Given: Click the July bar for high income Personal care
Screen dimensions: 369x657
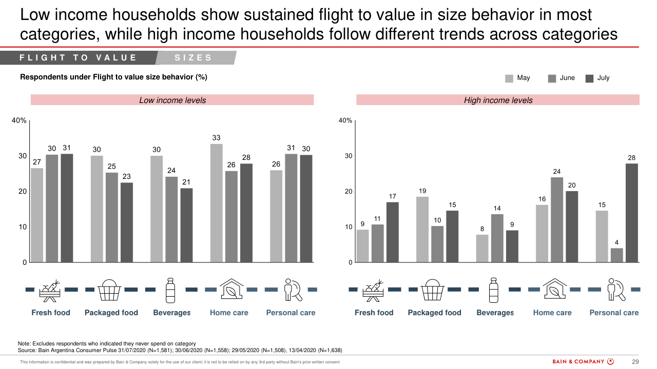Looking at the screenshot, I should (x=631, y=213).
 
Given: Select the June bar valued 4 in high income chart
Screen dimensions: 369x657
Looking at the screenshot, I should (x=616, y=255).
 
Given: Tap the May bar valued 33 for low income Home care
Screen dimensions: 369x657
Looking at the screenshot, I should (x=217, y=203).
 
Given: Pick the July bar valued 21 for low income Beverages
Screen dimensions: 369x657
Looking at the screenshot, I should (x=186, y=225).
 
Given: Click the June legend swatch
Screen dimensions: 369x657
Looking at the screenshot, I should (x=552, y=78).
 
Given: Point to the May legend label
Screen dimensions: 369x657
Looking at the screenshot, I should (x=524, y=78).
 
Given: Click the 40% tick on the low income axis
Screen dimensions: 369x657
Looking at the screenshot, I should (x=19, y=120).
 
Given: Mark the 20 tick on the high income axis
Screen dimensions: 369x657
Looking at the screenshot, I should (x=348, y=191).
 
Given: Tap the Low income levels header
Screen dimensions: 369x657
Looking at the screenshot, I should (x=172, y=100).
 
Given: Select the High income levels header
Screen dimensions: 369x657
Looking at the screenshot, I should (x=498, y=100).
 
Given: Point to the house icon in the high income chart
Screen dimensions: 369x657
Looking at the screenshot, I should (x=553, y=290).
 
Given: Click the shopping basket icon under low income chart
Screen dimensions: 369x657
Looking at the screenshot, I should (x=109, y=290).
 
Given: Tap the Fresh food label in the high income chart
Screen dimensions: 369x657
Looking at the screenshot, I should (x=374, y=313).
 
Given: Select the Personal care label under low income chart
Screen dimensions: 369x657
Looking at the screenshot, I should (x=291, y=313).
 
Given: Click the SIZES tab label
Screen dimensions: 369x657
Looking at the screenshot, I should (x=193, y=58).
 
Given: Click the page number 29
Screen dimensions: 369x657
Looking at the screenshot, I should (x=635, y=362).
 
